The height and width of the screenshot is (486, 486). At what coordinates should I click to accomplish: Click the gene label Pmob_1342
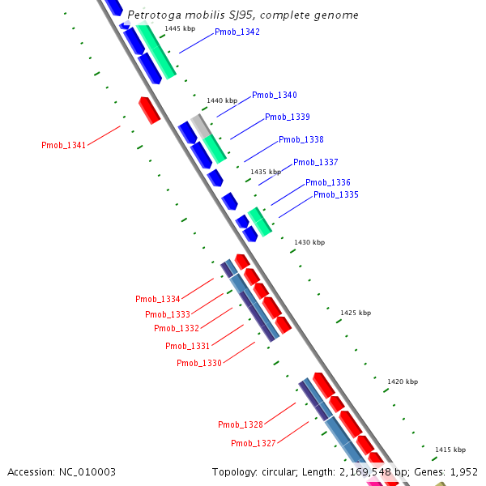point(237,32)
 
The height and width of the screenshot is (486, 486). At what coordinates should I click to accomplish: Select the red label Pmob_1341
point(63,146)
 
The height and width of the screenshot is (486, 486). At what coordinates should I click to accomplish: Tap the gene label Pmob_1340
point(274,96)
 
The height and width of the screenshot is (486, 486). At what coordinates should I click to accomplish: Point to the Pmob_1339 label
point(287,117)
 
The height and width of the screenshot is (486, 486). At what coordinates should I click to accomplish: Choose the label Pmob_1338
point(301,140)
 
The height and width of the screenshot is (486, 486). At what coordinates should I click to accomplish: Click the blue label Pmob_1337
point(315,163)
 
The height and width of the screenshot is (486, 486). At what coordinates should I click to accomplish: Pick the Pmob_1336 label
point(327,183)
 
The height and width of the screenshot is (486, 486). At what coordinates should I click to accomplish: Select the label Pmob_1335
point(335,195)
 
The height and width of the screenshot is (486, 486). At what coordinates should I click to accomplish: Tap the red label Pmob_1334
point(157,300)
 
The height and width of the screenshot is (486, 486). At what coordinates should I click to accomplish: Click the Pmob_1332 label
point(176,328)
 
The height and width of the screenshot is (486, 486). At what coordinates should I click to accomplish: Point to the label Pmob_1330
point(198,363)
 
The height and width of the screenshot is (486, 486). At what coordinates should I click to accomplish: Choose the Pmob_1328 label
point(240,425)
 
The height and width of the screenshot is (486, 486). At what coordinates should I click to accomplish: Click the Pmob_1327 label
point(253,444)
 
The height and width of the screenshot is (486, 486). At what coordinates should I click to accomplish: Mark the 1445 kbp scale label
point(179,28)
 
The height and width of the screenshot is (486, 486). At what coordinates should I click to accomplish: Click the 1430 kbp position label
point(309,242)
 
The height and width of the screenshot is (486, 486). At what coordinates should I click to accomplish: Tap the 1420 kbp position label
point(402,382)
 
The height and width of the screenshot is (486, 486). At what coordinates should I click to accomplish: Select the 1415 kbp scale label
point(450,450)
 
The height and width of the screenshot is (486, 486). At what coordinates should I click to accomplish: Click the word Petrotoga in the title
point(156,15)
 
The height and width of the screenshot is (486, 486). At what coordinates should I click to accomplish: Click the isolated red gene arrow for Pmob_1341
point(149,110)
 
